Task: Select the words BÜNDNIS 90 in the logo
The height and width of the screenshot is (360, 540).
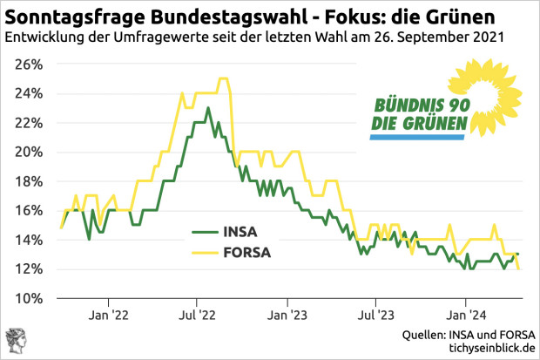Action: tap(422, 105)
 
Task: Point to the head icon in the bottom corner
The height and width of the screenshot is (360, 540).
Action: tap(15, 343)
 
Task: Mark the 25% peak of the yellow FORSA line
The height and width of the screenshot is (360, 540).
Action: tap(223, 78)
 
